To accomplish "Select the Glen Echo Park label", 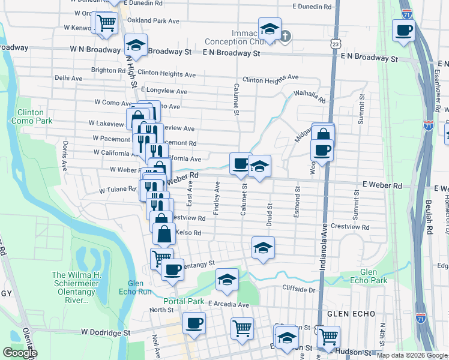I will tap(362, 276).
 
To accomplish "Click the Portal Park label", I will tap(187, 301).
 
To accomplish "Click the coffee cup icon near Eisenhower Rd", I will tap(403, 29).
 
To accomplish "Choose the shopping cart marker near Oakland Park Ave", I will tap(106, 23).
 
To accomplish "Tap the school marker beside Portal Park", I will tap(227, 279).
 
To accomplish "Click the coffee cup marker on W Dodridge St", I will tap(193, 323).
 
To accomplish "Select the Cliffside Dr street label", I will tap(299, 290).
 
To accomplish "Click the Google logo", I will tap(19, 353).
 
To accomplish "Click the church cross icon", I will tap(286, 35).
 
